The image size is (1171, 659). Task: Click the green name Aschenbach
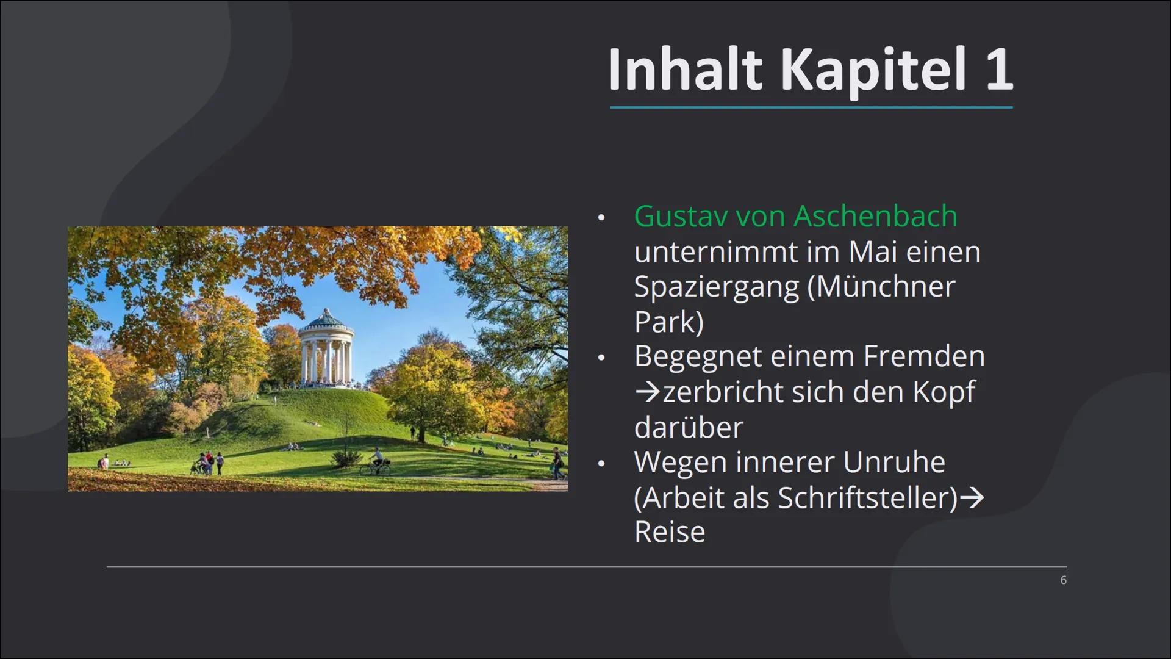tap(876, 216)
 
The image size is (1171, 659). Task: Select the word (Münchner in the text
tap(881, 287)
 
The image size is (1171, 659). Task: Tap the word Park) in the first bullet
tap(669, 322)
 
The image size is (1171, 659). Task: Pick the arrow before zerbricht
tap(647, 392)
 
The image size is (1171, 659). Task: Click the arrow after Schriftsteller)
tap(972, 498)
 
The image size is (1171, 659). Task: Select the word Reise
tap(670, 531)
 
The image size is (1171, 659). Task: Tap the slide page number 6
tap(1064, 580)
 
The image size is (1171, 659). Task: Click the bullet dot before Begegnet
tap(601, 358)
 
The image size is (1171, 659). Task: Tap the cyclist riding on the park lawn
tap(375, 462)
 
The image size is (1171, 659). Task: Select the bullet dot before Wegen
tap(601, 464)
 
